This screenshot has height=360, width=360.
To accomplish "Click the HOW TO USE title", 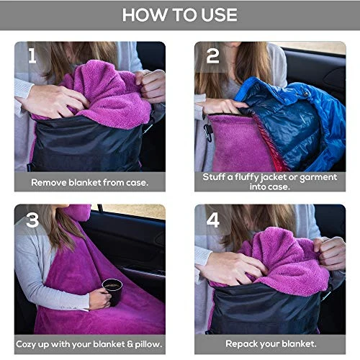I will (x=180, y=15).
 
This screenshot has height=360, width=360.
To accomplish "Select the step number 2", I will (x=212, y=55).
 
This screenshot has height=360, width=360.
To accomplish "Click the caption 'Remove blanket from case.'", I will (x=89, y=182).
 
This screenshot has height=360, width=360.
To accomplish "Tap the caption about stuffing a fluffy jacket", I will (x=270, y=181).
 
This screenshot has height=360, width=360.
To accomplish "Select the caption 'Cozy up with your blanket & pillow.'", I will (x=89, y=344).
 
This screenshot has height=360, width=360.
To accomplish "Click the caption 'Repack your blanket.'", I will (x=270, y=344).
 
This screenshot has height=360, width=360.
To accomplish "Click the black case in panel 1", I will (x=86, y=148).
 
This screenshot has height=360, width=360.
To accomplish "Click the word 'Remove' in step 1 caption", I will (x=49, y=182).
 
